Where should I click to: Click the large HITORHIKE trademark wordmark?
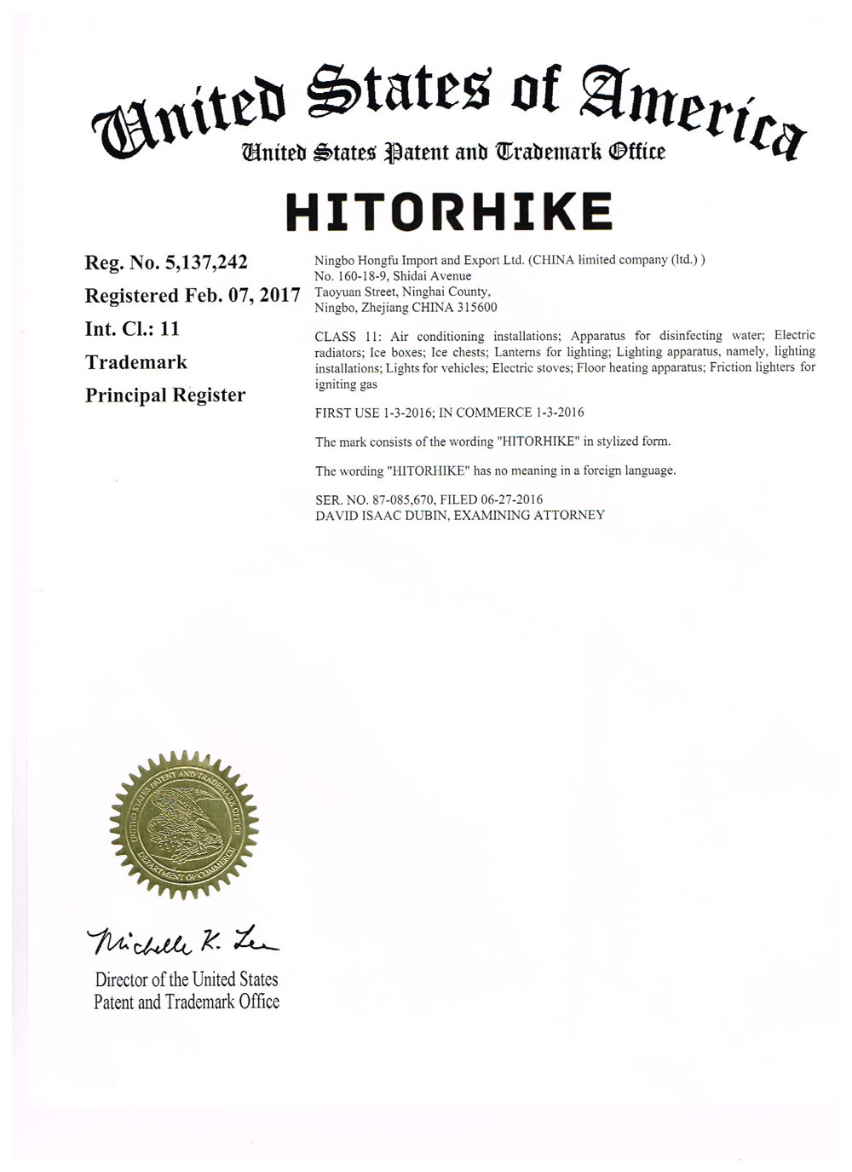pos(449,212)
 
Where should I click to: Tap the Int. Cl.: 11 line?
pos(132,329)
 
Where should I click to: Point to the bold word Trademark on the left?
pos(136,362)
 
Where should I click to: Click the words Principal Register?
pos(165,395)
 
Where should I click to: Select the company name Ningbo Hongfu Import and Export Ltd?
pos(418,260)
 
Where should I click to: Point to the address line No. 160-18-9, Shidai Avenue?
pos(393,276)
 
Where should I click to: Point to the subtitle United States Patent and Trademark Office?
pos(453,153)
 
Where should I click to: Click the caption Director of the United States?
pos(187,979)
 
